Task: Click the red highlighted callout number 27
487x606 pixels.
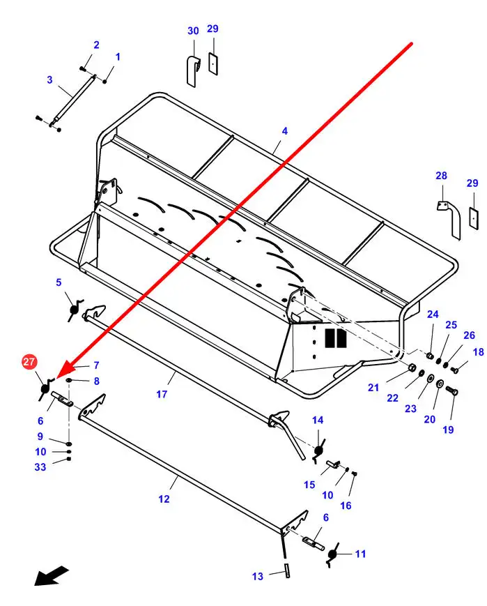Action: click(29, 362)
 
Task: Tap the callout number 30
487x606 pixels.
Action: click(193, 31)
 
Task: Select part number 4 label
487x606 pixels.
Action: click(285, 131)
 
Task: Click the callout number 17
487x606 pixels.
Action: click(162, 394)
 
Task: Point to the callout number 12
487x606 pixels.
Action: click(164, 499)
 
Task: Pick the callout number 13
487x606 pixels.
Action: click(258, 576)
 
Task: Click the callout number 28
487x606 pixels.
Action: click(441, 176)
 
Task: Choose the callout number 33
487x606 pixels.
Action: click(40, 467)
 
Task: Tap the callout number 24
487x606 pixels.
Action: click(433, 315)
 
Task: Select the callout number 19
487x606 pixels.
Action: click(448, 430)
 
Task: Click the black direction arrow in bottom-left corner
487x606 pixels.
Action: click(51, 575)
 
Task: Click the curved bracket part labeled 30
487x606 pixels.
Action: click(194, 72)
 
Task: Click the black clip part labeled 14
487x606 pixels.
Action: click(318, 450)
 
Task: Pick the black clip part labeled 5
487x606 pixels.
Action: click(75, 309)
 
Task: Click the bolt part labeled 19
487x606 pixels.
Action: click(452, 391)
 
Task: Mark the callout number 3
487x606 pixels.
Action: click(50, 80)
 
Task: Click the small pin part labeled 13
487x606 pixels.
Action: click(287, 570)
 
